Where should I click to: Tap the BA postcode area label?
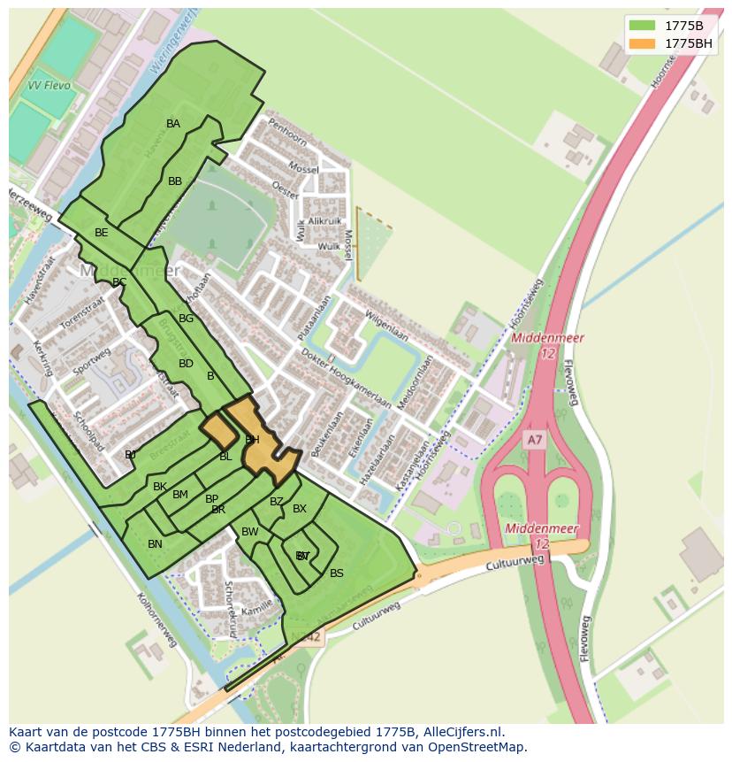pos(173,124)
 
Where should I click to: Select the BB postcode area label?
pos(175,181)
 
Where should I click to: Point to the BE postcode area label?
pos(102,233)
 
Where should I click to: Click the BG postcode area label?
pos(186,319)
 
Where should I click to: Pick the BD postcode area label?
pos(186,364)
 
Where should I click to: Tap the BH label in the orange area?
pos(252,440)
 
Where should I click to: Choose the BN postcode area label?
pos(155,544)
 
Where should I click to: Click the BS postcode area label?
pos(337,573)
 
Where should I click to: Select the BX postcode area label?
pos(300,509)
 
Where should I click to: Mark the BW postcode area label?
pos(249,532)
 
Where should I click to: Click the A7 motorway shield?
pos(534,440)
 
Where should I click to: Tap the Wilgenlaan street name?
pos(386,325)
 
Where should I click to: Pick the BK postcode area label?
pos(160,487)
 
